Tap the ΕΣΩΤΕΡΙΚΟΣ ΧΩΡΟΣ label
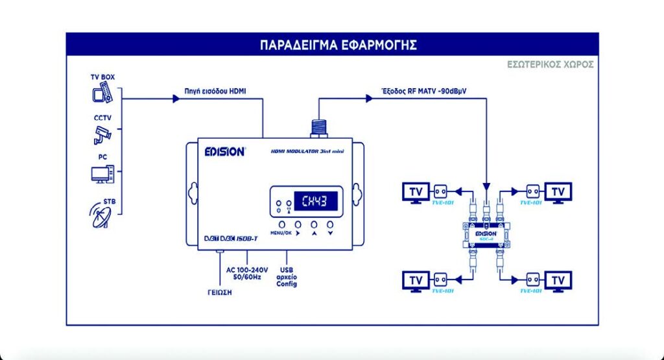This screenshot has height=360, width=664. click(x=551, y=65)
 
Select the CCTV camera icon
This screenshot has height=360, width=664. click(x=102, y=134)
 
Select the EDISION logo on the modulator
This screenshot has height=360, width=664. click(x=225, y=152)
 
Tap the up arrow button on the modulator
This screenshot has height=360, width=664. click(x=314, y=224)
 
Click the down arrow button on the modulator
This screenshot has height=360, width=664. click(x=330, y=224)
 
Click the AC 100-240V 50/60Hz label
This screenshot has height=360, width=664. click(x=247, y=274)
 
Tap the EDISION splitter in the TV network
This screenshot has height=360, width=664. click(x=486, y=233)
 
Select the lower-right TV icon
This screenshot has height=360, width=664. click(x=558, y=281)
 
